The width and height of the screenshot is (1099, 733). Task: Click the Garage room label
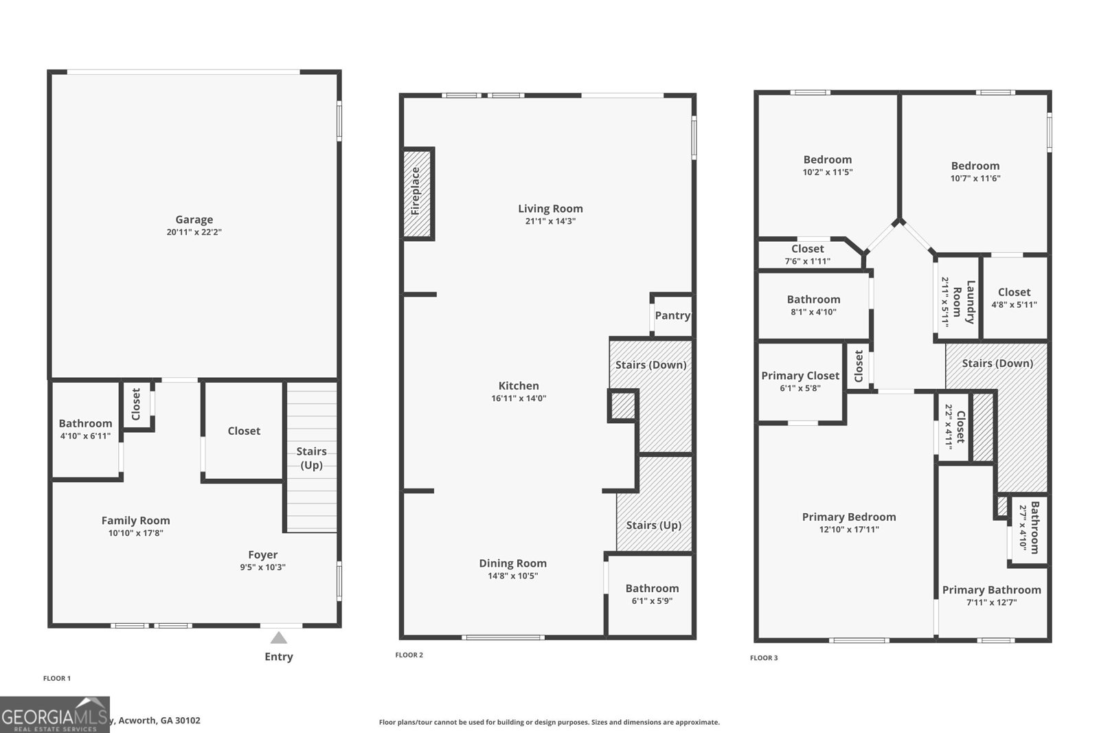(x=194, y=220)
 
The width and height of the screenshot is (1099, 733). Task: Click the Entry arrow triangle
(x=278, y=638)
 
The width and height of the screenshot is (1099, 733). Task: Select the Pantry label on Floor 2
(x=672, y=315)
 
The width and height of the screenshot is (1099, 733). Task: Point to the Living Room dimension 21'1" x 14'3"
(x=549, y=221)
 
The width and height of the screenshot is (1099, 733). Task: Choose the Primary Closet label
(x=800, y=376)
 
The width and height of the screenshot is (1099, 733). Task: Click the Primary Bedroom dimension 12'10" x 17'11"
(x=849, y=530)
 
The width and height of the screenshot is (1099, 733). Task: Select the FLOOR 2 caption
(x=409, y=655)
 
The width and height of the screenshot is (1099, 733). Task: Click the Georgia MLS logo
(x=55, y=714)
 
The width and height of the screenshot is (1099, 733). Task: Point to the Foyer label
(x=262, y=554)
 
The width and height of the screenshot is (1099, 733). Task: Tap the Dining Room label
(x=512, y=563)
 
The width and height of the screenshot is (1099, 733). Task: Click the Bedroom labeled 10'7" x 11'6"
(x=975, y=166)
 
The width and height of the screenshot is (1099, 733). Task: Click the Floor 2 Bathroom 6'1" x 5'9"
(x=652, y=589)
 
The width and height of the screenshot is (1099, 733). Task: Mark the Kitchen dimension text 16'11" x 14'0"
(x=519, y=398)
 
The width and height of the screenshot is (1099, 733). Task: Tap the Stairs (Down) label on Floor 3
(x=997, y=363)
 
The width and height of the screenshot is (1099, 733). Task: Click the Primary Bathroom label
(x=991, y=589)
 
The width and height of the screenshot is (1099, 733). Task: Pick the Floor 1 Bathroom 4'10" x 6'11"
(x=85, y=424)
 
